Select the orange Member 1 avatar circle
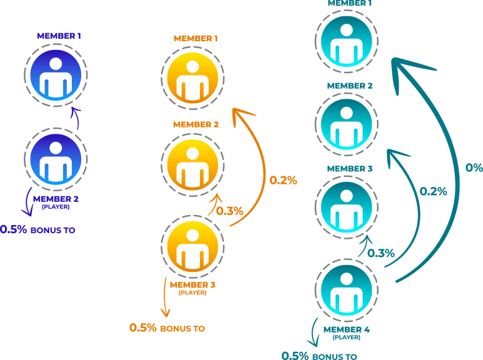pyautogui.click(x=192, y=74)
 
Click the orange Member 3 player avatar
pyautogui.click(x=192, y=246)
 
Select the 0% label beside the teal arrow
pyautogui.click(x=474, y=167)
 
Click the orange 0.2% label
pyautogui.click(x=283, y=181)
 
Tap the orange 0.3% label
pyautogui.click(x=229, y=211)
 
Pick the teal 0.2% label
pyautogui.click(x=433, y=191)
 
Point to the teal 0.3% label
pyautogui.click(x=381, y=253)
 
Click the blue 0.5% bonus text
pyautogui.click(x=37, y=229)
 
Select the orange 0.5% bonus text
pyautogui.click(x=167, y=327)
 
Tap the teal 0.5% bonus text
pyautogui.click(x=319, y=356)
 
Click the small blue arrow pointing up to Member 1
pyautogui.click(x=76, y=117)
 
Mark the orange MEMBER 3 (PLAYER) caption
pyautogui.click(x=192, y=287)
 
